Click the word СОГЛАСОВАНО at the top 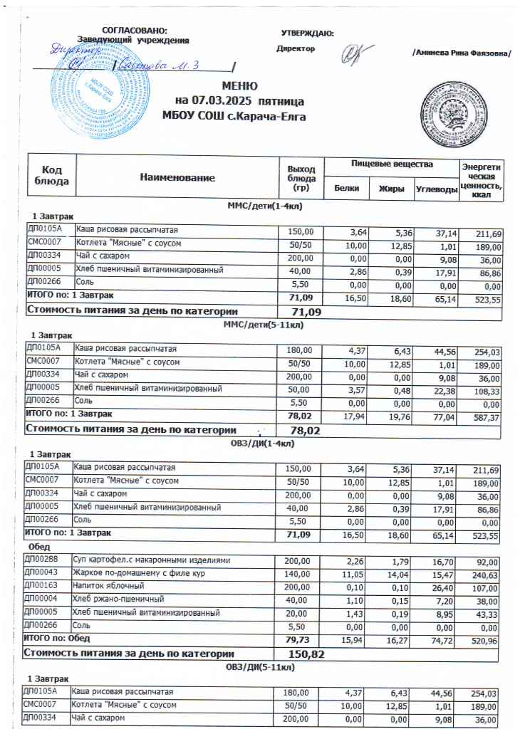[x=135, y=30]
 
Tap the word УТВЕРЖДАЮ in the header [x=308, y=33]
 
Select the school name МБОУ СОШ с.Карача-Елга [x=224, y=115]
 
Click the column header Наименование [x=177, y=177]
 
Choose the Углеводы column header [x=437, y=188]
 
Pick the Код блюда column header [x=51, y=176]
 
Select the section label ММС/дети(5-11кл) [x=265, y=324]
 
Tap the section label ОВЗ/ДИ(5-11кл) [x=263, y=666]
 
